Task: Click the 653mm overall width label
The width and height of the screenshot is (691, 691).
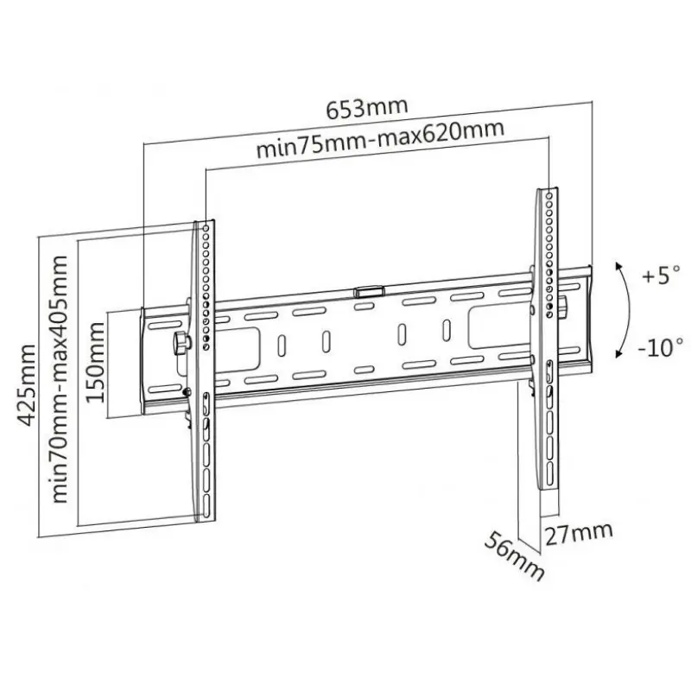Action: (x=366, y=110)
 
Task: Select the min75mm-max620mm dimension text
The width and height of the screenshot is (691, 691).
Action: (x=380, y=142)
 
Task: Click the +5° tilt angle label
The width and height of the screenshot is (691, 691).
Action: (x=662, y=276)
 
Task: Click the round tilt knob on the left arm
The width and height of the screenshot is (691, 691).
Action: (x=181, y=342)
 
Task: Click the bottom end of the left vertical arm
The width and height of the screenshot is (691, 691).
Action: (x=206, y=518)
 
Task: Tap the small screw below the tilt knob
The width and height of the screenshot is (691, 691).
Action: (x=188, y=393)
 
